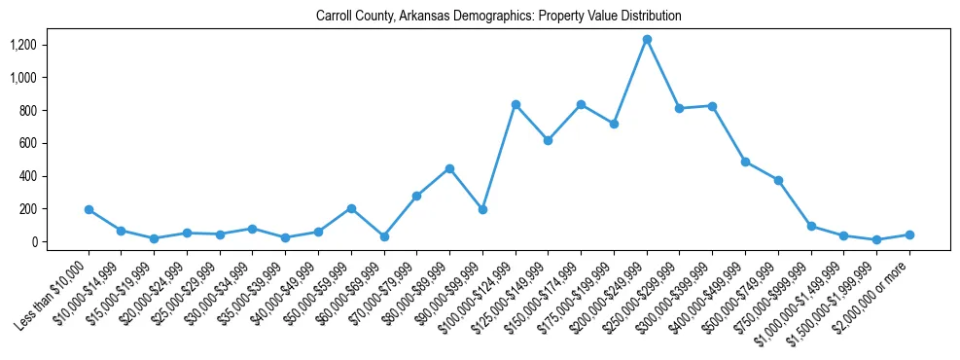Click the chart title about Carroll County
(x=498, y=17)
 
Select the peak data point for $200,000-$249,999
(x=647, y=39)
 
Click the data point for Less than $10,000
(x=89, y=209)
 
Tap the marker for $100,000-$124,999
(x=516, y=104)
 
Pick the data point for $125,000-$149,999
(x=549, y=140)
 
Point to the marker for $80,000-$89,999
(x=449, y=168)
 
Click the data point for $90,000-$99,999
(x=482, y=209)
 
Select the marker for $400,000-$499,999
(x=745, y=162)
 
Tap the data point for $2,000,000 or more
(x=909, y=234)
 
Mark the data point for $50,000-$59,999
(x=351, y=208)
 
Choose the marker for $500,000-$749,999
(x=778, y=180)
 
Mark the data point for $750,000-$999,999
(x=811, y=226)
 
